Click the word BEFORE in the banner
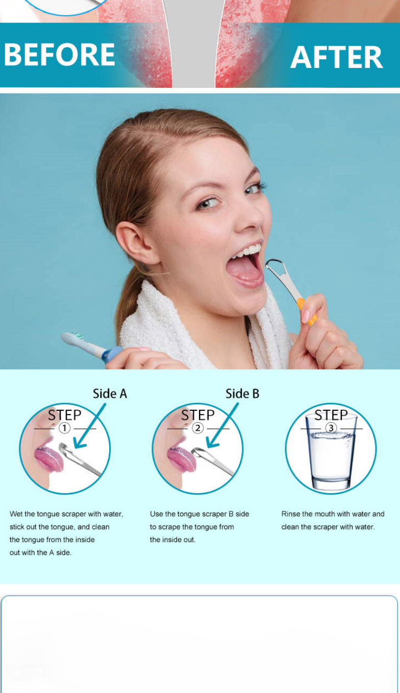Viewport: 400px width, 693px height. (59, 55)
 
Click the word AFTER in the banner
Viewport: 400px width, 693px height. (337, 57)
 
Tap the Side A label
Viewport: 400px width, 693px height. (110, 394)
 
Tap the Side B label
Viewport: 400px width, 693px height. (242, 394)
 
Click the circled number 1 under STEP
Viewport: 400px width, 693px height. (64, 428)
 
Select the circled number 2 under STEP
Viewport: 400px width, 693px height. (197, 428)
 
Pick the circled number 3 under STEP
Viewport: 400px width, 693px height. (331, 428)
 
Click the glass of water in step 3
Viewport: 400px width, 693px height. (331, 452)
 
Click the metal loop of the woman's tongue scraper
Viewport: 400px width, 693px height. (275, 267)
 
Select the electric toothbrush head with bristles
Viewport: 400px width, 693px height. (73, 338)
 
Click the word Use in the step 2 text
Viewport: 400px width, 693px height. (156, 514)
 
